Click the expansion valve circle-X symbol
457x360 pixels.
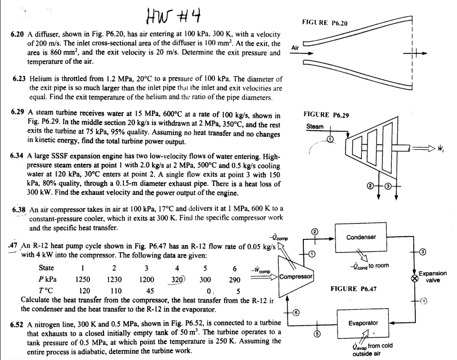tap(415, 278)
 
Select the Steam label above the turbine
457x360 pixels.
tap(315, 126)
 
